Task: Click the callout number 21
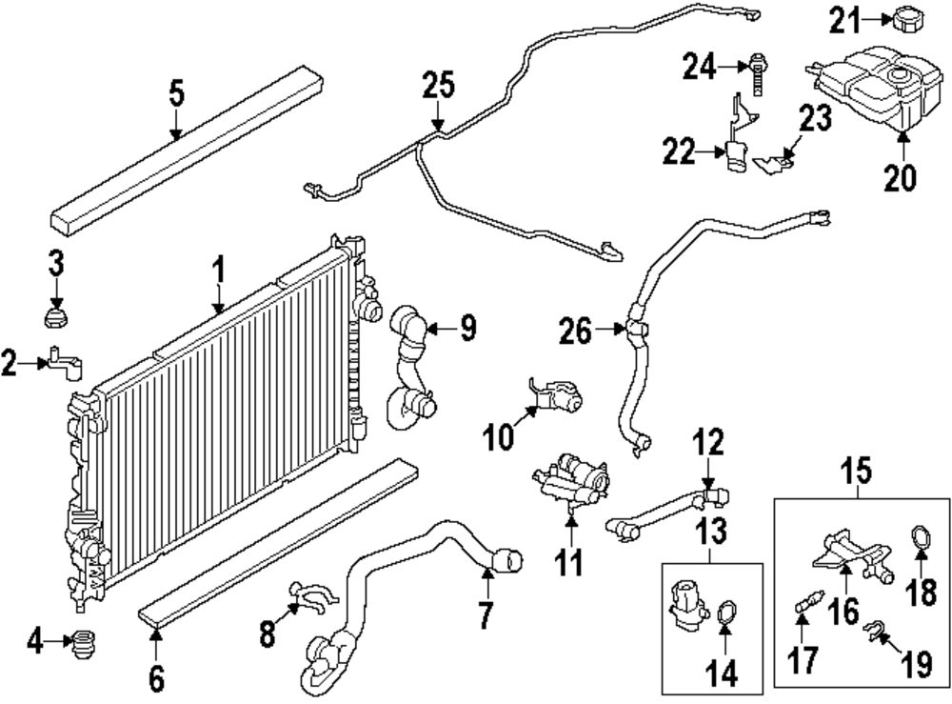842,18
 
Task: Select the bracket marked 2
62,363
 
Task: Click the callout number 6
156,678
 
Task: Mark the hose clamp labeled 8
310,597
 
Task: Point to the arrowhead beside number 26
622,332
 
